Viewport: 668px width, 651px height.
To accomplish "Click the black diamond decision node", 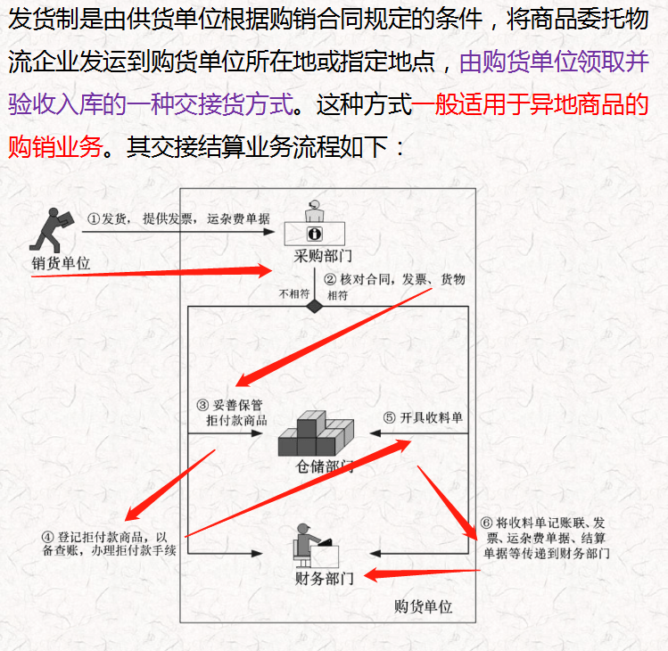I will click(x=314, y=306).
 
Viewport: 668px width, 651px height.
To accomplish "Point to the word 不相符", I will click(x=293, y=294).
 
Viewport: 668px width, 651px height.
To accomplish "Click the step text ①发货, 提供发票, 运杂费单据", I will click(x=178, y=218).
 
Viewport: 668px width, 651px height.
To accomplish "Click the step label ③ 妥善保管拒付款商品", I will click(x=233, y=412).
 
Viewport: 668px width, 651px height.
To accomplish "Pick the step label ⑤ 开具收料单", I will click(x=423, y=417).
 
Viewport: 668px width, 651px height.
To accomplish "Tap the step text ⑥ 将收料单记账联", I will click(x=543, y=538).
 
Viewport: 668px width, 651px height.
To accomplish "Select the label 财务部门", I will click(x=324, y=578).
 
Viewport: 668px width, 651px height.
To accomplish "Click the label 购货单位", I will click(x=423, y=606).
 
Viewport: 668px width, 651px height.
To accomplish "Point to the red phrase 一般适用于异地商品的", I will click(x=530, y=106).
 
